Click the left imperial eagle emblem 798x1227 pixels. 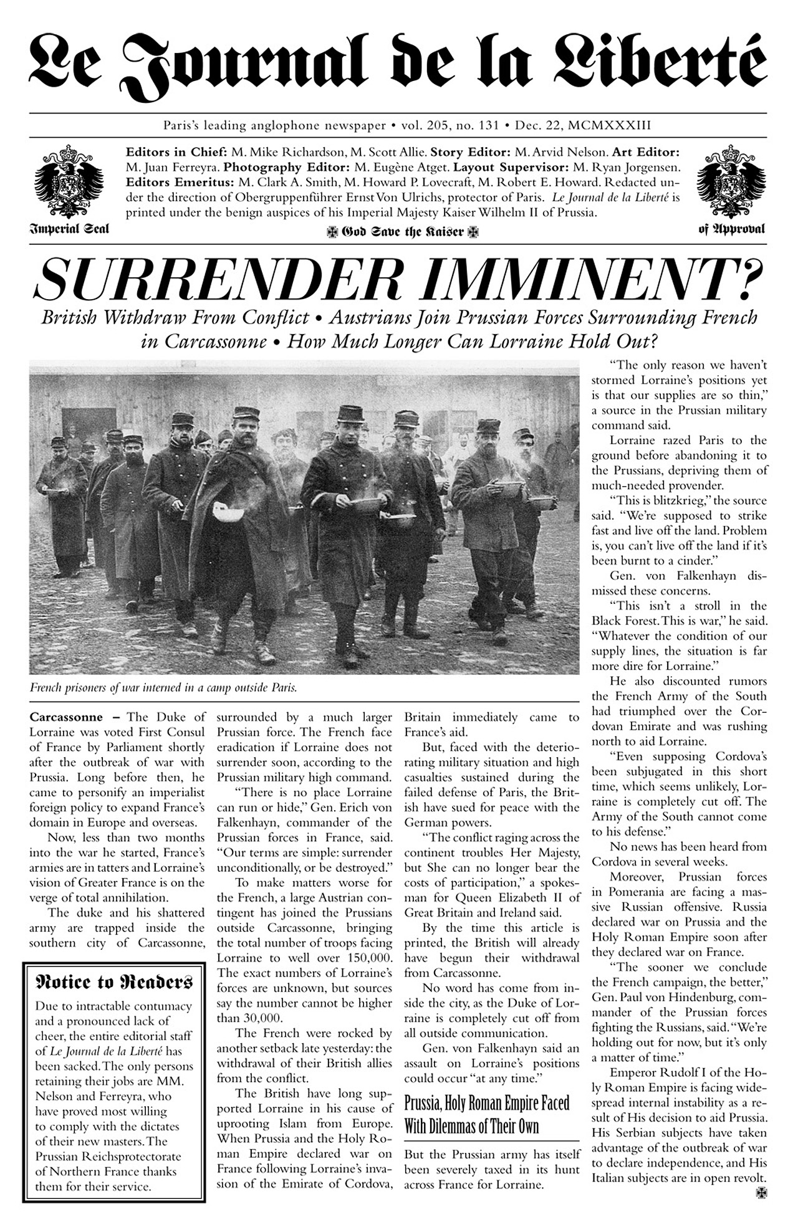pos(69,181)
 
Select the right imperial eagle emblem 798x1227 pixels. pos(731,181)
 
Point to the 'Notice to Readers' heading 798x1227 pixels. pos(113,983)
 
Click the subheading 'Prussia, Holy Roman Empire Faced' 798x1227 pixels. pos(486,1104)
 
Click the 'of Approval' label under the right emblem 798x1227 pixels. pos(731,229)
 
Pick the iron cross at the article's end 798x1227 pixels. pos(760,1192)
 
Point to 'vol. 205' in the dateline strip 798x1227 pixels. pos(425,125)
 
